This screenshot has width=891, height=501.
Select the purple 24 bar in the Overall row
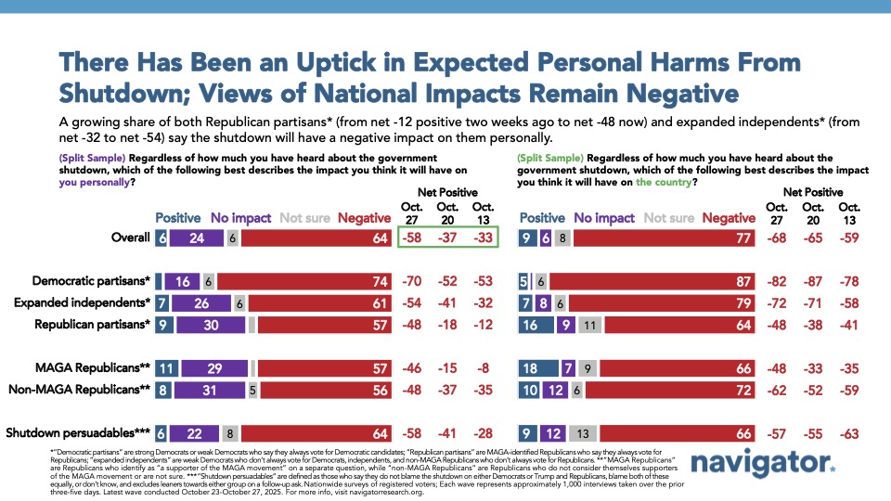[x=197, y=237]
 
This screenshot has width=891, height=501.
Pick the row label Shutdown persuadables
[x=79, y=431]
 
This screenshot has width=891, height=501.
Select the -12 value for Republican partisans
[x=483, y=326]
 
